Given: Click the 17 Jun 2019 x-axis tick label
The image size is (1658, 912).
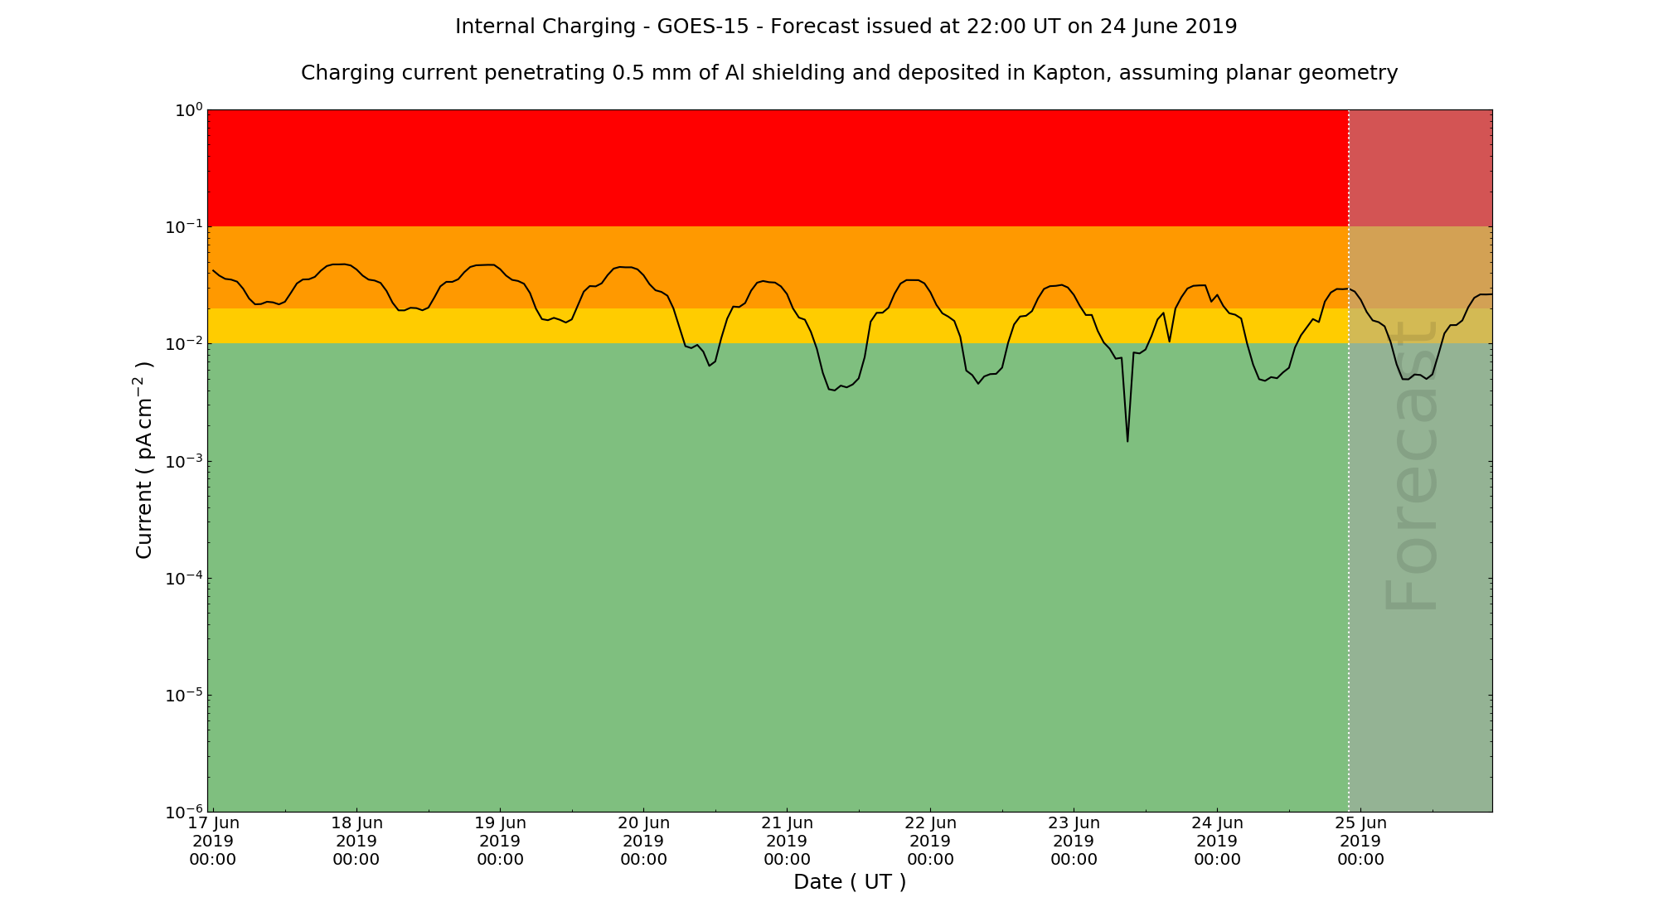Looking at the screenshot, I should [x=213, y=841].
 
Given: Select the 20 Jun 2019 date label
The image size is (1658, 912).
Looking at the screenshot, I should [x=643, y=841].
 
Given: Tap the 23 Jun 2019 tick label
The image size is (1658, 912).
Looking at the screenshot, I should [x=1074, y=841].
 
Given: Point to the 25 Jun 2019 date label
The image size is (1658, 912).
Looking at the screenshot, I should [x=1360, y=841].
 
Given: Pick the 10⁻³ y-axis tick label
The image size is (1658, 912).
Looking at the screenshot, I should [x=186, y=462].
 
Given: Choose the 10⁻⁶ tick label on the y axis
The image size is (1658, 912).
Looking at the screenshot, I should [x=186, y=812].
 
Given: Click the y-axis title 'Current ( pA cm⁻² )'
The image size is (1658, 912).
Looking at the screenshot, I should [x=144, y=459].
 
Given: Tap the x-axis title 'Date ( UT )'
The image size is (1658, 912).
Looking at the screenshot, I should [x=850, y=882].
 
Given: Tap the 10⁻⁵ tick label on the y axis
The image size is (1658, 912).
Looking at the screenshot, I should [x=186, y=695].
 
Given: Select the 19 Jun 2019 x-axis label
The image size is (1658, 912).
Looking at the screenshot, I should [x=500, y=841].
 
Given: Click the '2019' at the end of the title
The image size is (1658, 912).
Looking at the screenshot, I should [x=1210, y=27].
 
